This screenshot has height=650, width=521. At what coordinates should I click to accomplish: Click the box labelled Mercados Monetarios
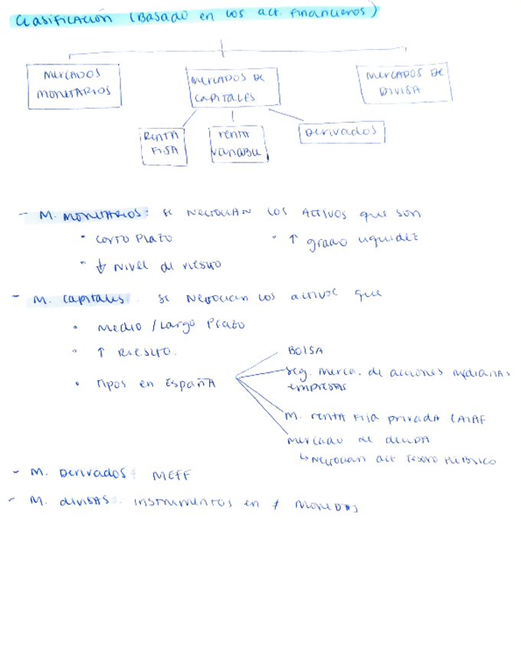click(x=74, y=84)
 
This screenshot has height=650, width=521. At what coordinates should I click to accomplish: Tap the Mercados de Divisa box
click(x=405, y=83)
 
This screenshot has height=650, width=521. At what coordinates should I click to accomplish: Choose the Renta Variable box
click(x=237, y=144)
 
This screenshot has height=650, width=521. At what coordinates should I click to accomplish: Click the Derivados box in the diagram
click(x=341, y=133)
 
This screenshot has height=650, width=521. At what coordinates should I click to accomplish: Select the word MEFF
click(x=172, y=476)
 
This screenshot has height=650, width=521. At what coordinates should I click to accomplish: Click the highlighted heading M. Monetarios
click(x=91, y=216)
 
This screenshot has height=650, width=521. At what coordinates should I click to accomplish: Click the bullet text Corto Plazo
click(x=133, y=239)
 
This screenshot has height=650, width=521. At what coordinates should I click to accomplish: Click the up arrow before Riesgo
click(x=101, y=353)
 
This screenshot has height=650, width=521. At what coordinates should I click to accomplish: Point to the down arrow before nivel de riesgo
click(x=100, y=266)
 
